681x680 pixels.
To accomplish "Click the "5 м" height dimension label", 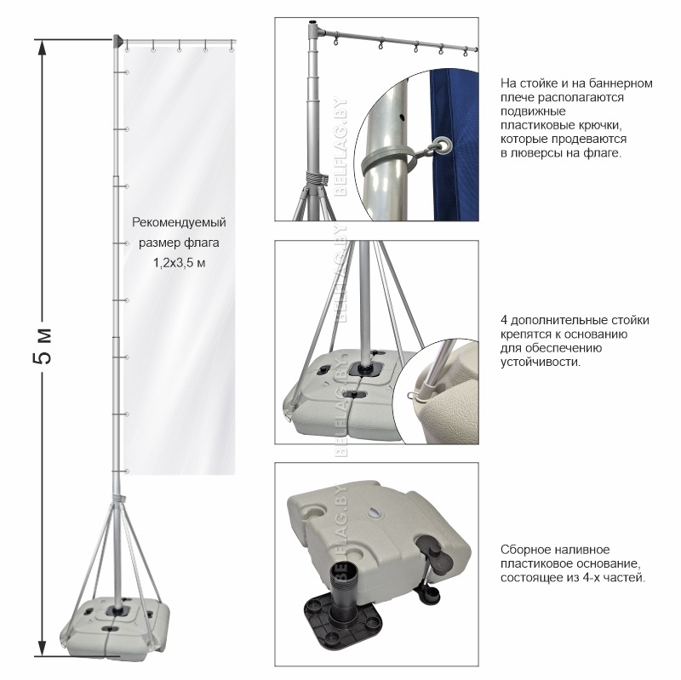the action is pos(43,346).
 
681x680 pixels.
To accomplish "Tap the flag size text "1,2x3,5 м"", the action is pos(179,263).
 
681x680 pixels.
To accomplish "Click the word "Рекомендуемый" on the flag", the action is pos(179,223).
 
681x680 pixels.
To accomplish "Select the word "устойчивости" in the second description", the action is pos(540,363).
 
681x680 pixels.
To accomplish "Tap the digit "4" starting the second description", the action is pos(504,321).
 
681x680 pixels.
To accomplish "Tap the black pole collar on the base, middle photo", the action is pos(367,369).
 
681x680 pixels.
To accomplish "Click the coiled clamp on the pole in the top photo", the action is pos(316,178).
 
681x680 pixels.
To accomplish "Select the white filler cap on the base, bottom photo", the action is pos(375,513).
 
